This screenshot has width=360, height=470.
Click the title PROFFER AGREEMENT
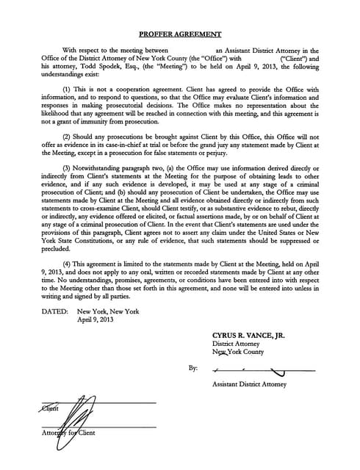click(180, 34)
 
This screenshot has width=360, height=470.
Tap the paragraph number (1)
click(68, 88)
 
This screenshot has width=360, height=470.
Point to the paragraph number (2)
click(68, 137)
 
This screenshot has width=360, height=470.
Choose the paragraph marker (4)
click(68, 261)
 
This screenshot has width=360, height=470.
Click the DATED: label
click(55, 311)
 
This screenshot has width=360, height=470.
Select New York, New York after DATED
click(108, 311)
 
